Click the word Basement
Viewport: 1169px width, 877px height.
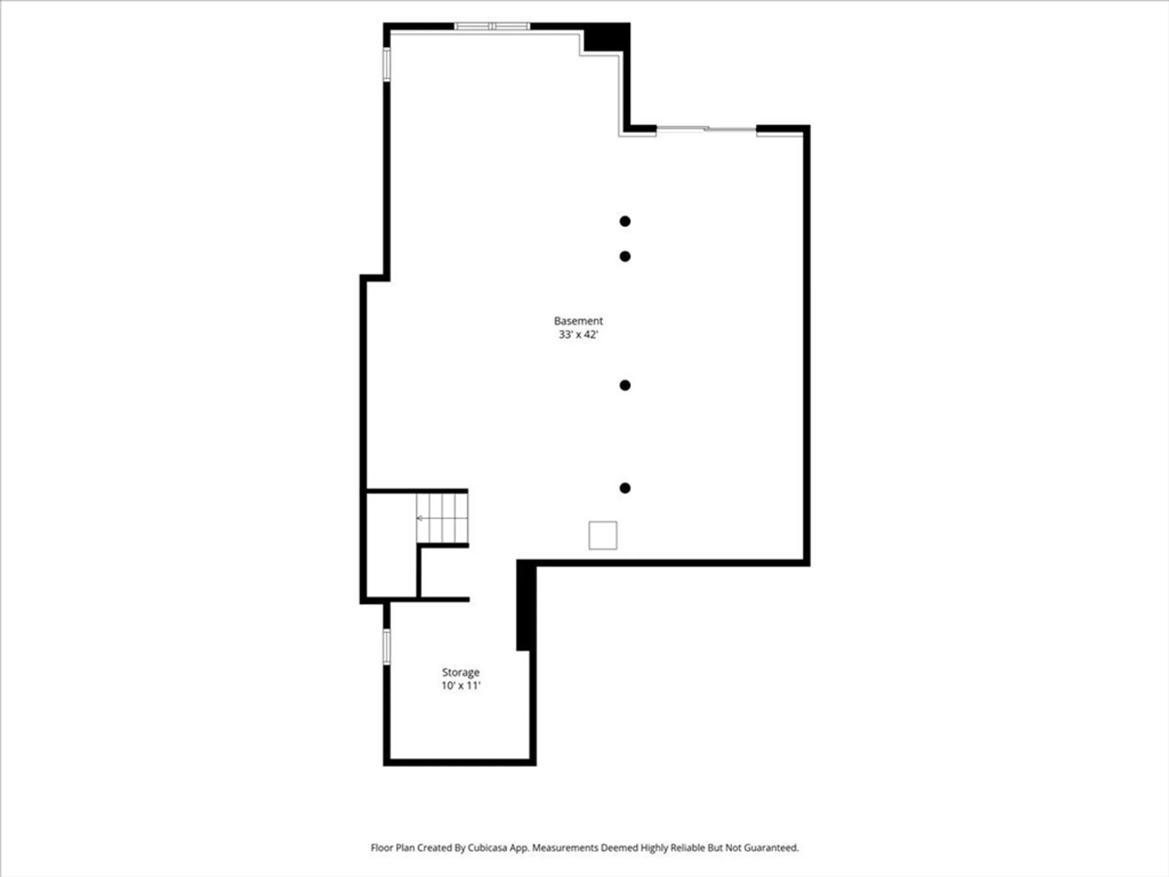coord(578,321)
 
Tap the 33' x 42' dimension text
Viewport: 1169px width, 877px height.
coord(578,334)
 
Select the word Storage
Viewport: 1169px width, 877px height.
coord(461,672)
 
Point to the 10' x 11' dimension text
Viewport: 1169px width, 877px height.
coord(461,686)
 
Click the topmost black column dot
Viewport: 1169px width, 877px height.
coord(625,221)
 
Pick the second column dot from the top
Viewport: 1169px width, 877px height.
coord(625,256)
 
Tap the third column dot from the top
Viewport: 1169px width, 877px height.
coord(625,385)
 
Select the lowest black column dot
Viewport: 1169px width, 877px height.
coord(625,488)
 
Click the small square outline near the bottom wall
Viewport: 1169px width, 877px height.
coord(603,535)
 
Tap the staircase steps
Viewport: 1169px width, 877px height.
coord(442,518)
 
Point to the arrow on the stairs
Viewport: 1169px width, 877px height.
coord(420,518)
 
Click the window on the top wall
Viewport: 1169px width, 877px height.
coord(492,26)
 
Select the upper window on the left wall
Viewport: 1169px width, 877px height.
coord(386,64)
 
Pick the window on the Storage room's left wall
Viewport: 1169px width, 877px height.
coord(386,646)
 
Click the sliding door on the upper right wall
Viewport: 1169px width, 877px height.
coord(706,129)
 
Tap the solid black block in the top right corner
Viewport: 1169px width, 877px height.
coord(607,37)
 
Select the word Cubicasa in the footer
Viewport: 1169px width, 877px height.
coord(487,848)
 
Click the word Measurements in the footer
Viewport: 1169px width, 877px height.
coord(565,848)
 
